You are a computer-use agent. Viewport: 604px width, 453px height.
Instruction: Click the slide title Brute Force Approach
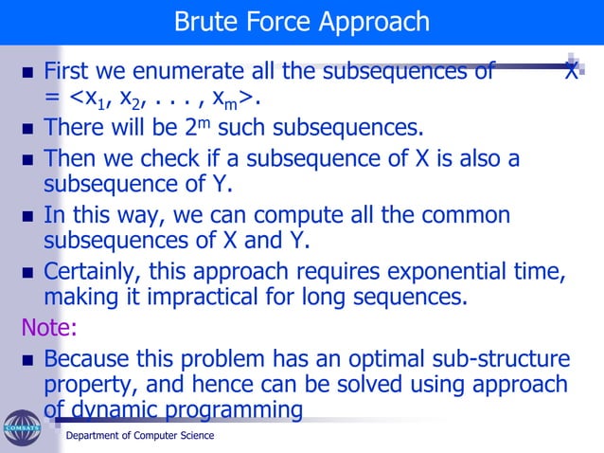(302, 21)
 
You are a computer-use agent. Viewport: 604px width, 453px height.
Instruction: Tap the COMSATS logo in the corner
(21, 427)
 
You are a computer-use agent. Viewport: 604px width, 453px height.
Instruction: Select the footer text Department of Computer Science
(139, 436)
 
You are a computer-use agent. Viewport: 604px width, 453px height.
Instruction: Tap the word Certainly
(91, 273)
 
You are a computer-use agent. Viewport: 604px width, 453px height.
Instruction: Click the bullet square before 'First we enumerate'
(27, 72)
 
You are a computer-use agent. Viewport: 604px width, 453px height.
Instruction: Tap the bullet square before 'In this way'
(27, 216)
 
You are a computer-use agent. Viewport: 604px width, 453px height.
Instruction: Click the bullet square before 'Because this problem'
(27, 361)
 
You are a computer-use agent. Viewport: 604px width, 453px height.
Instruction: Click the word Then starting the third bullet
(70, 157)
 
